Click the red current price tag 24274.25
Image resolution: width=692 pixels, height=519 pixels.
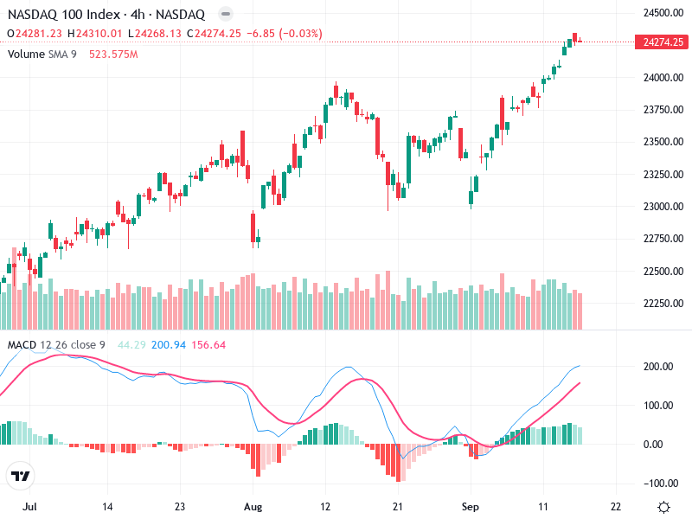click(x=663, y=42)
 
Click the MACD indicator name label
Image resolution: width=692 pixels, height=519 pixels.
click(x=22, y=345)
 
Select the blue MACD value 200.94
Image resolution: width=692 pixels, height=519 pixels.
click(x=169, y=345)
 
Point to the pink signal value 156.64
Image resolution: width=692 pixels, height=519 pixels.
click(x=208, y=345)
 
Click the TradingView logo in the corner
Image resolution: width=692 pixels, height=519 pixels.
click(x=21, y=476)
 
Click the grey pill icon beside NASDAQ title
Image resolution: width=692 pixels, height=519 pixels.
click(x=226, y=15)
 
